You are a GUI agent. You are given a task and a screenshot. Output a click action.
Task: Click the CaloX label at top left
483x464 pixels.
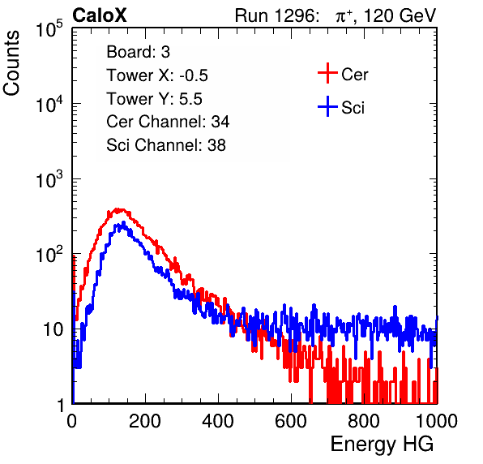coord(100,15)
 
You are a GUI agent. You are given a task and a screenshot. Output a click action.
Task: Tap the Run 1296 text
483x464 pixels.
coord(276,15)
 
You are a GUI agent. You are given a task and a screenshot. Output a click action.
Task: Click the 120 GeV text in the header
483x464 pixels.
coord(400,15)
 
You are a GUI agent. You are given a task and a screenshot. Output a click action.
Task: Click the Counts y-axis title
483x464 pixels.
coord(11,63)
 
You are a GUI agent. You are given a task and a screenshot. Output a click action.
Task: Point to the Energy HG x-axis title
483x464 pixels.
coord(382,445)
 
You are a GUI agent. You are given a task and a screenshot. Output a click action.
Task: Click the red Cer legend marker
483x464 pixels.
coord(327,73)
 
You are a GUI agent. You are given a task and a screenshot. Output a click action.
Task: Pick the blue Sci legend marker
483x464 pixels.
coord(327,107)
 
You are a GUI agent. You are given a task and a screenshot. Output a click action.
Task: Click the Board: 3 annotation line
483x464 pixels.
coord(138,52)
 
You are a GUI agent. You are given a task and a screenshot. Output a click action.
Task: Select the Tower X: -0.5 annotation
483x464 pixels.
coord(157,75)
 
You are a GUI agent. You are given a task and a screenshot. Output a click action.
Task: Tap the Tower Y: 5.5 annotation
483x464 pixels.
coord(154,99)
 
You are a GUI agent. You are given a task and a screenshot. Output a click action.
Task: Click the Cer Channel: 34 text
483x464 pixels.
coord(168,122)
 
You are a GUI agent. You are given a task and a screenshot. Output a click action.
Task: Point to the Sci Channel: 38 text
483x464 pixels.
coord(166,145)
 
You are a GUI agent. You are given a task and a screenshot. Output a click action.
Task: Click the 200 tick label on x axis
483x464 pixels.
coord(145,421)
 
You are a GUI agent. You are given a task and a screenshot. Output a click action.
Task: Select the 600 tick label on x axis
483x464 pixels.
coord(291,421)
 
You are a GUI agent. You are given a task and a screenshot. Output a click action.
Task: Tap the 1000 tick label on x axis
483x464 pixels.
coord(437,421)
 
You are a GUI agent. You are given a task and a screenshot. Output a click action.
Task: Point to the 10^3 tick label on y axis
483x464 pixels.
coord(49,179)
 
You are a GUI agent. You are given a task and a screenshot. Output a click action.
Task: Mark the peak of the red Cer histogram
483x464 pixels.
coord(117,209)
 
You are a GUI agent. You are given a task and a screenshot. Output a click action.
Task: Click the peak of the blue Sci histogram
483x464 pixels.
coord(123,222)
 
